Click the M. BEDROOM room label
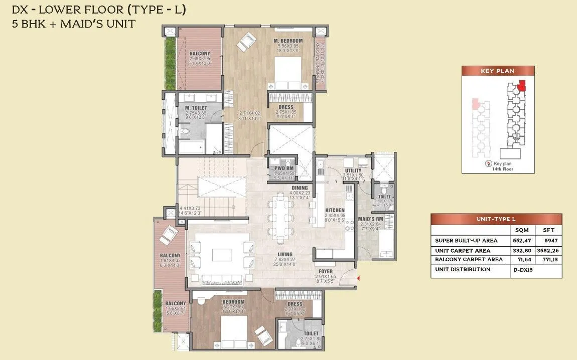tap(288, 41)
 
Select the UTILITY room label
tap(353, 170)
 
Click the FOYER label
tap(326, 271)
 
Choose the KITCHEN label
tap(335, 210)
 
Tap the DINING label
tap(299, 188)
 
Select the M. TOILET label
tap(193, 108)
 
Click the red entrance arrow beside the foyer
tap(358, 278)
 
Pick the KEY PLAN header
tap(497, 71)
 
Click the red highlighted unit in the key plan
tap(522, 85)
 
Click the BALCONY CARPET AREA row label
tap(469, 260)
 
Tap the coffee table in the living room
tap(222, 255)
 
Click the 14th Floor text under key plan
tap(497, 169)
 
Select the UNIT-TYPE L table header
tap(496, 220)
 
